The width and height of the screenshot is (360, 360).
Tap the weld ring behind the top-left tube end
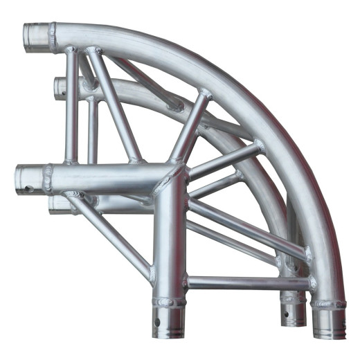click(53, 37)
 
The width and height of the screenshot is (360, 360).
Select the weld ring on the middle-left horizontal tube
click(48, 179)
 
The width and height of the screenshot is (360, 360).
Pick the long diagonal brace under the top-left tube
click(111, 104)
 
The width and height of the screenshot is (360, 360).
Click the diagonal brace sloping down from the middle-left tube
click(111, 232)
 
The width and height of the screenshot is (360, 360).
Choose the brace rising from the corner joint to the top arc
click(190, 128)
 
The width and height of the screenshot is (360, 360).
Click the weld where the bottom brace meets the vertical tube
click(186, 282)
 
